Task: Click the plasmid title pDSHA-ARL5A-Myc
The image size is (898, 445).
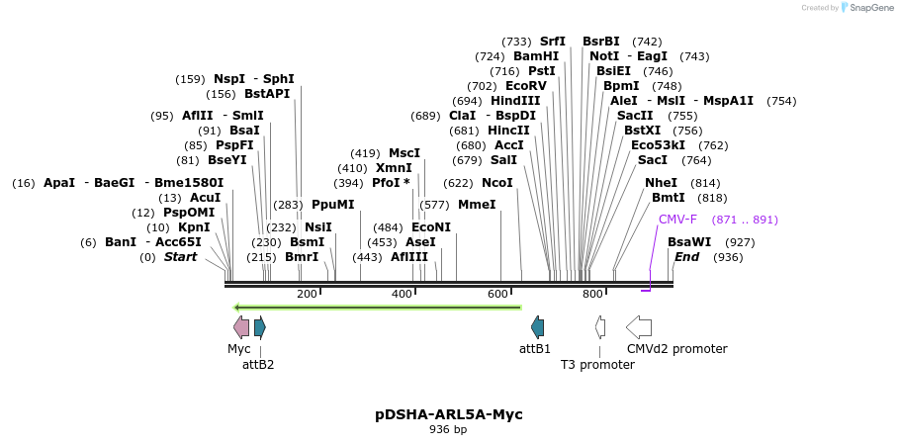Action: point(448,414)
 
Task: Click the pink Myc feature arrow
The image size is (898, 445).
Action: point(241,327)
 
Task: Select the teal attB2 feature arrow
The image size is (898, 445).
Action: point(260,327)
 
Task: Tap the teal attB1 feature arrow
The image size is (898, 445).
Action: point(537,327)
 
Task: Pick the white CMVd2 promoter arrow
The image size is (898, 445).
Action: point(639,327)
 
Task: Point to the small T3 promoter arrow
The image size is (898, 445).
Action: point(600,327)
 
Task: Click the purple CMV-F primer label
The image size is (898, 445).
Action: point(677,220)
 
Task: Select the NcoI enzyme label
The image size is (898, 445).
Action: point(497,183)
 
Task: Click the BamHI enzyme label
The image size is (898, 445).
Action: point(536,56)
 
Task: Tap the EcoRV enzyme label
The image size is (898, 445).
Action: point(526,86)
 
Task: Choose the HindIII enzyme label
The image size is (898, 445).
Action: point(515,101)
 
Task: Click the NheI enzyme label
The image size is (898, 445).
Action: point(662,183)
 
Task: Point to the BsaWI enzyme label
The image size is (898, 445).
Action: point(689,242)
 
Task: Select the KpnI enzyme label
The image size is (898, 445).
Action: point(194,227)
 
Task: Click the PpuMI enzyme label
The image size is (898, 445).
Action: point(332,205)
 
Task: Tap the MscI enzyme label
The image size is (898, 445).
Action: point(404,153)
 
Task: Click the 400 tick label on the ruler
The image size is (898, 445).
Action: point(403,294)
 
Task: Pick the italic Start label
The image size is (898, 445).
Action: point(180,257)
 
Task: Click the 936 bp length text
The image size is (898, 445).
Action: point(448,430)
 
